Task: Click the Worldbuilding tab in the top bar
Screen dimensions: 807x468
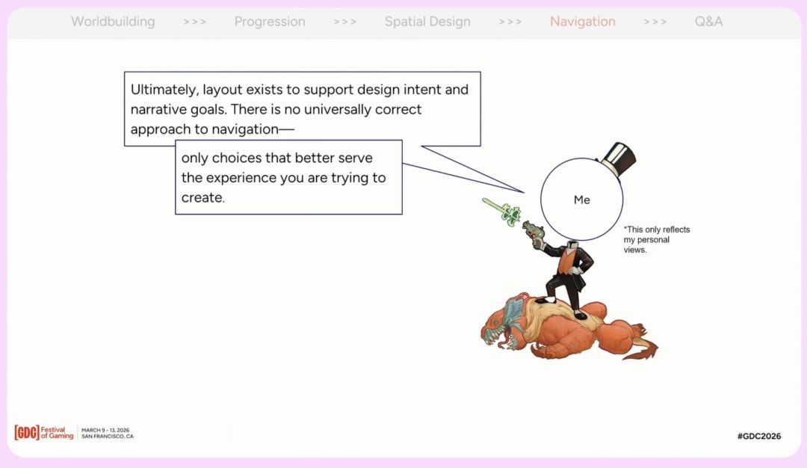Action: coord(113,22)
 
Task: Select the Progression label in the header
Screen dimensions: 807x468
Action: coord(270,22)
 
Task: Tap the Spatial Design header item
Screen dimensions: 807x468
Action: coord(427,22)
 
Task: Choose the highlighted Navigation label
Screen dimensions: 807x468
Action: coord(583,22)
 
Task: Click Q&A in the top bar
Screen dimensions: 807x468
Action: coord(708,22)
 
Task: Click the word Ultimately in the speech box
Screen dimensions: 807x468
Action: coord(164,90)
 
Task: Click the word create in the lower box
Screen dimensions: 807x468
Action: coord(202,197)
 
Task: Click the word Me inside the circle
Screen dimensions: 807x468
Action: coord(581,200)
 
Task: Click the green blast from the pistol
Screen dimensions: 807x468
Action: coord(502,212)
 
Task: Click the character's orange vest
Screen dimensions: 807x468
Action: coord(567,262)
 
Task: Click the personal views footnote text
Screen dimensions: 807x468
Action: coord(657,240)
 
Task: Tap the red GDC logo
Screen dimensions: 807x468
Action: coord(27,432)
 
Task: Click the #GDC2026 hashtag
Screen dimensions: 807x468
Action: coord(758,436)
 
